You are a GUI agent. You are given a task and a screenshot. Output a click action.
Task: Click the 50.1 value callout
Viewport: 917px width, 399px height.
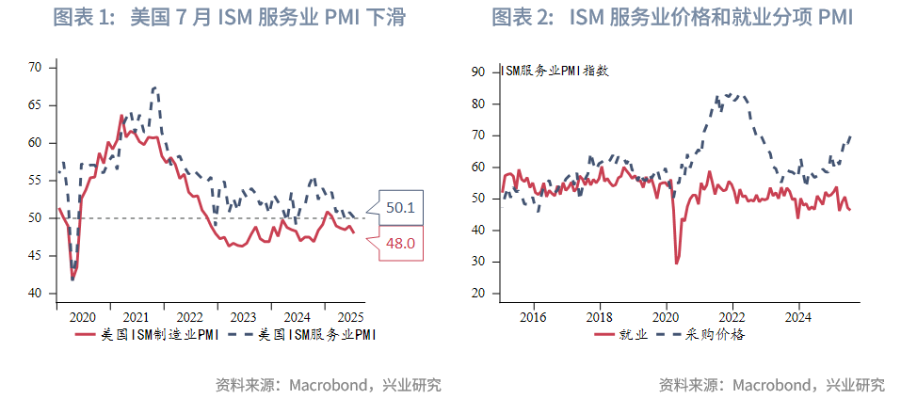click(x=399, y=207)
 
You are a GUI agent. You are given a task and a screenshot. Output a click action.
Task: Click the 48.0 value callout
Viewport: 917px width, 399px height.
click(x=399, y=244)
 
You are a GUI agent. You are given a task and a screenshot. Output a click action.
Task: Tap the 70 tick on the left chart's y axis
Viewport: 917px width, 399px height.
click(x=36, y=67)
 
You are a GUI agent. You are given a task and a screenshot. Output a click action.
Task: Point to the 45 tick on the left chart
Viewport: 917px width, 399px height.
click(x=36, y=256)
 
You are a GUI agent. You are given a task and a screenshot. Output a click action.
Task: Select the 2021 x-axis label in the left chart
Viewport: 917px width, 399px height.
click(x=137, y=317)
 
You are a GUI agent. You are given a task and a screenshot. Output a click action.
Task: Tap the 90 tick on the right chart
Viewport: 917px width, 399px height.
click(x=477, y=72)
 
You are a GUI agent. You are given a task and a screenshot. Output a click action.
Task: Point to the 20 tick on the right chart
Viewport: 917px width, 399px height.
click(x=477, y=294)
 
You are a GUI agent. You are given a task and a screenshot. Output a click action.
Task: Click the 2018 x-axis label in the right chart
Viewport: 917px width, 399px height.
click(x=600, y=317)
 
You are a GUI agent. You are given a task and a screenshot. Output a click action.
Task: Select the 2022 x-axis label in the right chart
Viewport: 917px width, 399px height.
click(x=732, y=317)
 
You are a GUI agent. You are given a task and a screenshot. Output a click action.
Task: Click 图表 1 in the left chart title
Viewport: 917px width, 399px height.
click(x=78, y=18)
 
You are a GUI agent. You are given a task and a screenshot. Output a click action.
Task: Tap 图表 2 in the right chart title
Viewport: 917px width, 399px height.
click(x=519, y=18)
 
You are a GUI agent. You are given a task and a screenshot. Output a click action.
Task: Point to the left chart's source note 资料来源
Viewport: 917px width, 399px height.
click(x=244, y=384)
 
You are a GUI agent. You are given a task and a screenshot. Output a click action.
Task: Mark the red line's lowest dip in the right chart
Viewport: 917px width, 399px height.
click(x=677, y=263)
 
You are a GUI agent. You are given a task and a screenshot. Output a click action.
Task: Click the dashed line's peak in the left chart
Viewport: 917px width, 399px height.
click(x=154, y=88)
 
